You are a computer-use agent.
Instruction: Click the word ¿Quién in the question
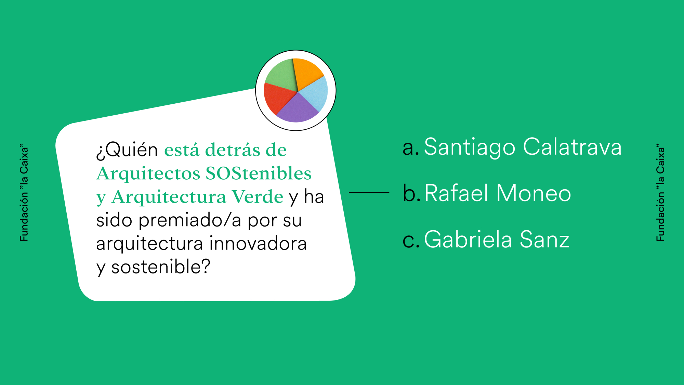point(127,150)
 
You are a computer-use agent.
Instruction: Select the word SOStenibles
point(259,173)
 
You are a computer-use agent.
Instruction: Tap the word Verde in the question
point(257,197)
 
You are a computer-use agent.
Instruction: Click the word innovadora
point(258,243)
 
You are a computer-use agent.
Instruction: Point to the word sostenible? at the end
point(161,267)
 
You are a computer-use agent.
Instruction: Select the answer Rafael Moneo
point(498,193)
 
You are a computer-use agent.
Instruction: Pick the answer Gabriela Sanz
point(497,239)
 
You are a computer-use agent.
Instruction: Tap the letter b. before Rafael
point(411,193)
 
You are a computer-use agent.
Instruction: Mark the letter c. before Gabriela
point(411,240)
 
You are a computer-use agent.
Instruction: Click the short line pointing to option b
point(369,193)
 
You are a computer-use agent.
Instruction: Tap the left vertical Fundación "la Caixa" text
point(24,193)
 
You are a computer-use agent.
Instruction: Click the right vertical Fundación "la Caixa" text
point(660,193)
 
